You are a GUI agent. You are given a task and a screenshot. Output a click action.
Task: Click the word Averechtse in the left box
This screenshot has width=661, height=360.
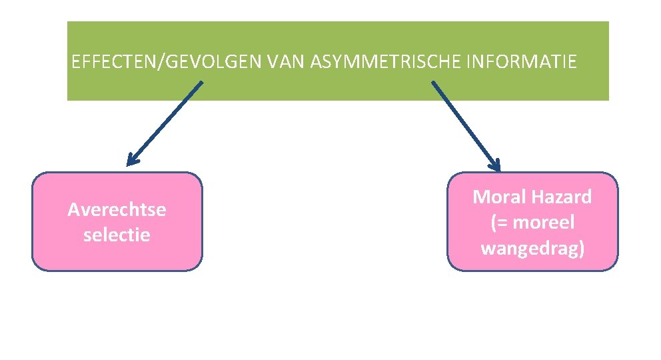click(117, 210)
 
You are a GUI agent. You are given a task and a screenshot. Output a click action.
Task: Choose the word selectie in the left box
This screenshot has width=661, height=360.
click(117, 235)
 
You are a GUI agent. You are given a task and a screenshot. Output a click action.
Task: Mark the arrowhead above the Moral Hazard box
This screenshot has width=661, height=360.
click(494, 165)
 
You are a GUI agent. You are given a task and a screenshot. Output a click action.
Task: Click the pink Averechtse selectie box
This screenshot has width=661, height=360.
click(117, 257)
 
